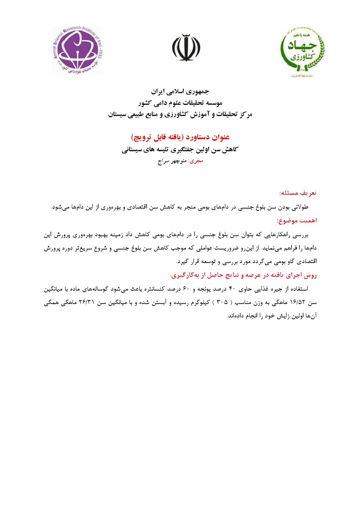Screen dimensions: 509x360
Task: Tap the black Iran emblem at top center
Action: click(x=186, y=48)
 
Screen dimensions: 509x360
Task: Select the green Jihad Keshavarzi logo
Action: click(x=302, y=50)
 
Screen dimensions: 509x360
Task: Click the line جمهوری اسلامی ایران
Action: click(x=180, y=91)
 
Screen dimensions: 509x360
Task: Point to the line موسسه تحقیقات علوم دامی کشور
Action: click(x=180, y=103)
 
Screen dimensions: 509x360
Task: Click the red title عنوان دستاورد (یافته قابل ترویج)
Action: click(x=180, y=137)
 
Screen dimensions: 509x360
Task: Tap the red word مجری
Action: click(x=196, y=161)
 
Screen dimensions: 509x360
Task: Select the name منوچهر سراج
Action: click(x=172, y=161)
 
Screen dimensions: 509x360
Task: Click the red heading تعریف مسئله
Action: click(x=298, y=193)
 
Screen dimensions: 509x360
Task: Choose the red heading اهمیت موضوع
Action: click(x=296, y=221)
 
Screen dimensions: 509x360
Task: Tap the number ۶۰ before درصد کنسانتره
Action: click(x=186, y=289)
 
